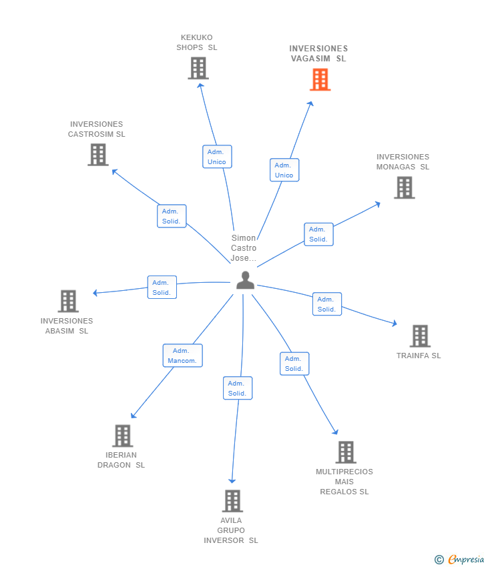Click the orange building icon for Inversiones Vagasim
click(x=320, y=80)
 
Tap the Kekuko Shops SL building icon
click(x=198, y=68)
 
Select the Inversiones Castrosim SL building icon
click(x=98, y=155)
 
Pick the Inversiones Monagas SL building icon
click(x=404, y=187)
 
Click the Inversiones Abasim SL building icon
click(x=68, y=301)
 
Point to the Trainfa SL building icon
click(x=419, y=336)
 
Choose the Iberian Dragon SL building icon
click(x=122, y=436)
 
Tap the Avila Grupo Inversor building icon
click(x=232, y=501)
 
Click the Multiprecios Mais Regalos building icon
click(x=345, y=452)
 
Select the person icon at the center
click(x=245, y=281)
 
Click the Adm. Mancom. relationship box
click(x=182, y=356)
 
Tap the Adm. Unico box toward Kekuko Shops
click(x=217, y=157)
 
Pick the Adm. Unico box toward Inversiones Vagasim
click(x=284, y=170)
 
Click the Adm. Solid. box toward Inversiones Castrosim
click(x=172, y=216)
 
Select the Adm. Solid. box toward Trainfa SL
click(x=326, y=304)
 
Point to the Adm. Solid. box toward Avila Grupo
click(x=238, y=388)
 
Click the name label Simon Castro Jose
click(x=244, y=248)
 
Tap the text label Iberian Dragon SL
click(x=121, y=460)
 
